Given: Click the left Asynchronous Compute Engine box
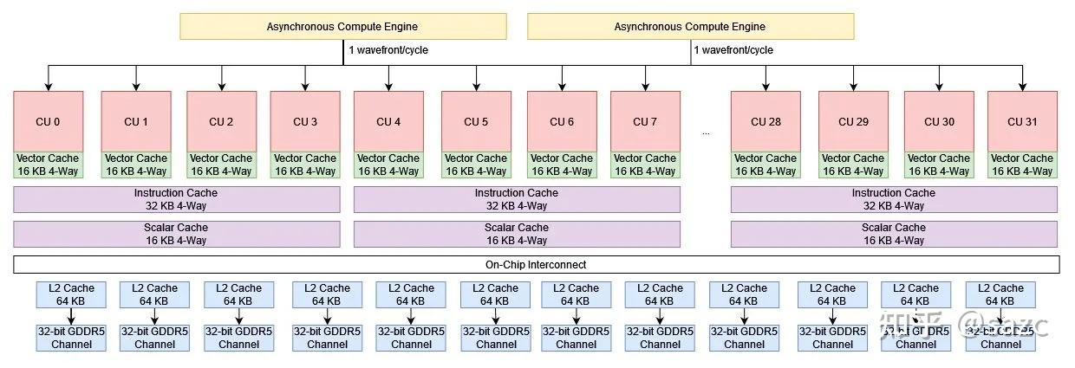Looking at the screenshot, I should point(342,27).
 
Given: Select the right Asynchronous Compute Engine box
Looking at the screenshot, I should point(690,27).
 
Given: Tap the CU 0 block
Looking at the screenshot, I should point(49,121).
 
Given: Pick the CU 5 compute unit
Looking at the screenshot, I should point(476,121).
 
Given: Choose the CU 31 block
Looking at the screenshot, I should point(1022,121).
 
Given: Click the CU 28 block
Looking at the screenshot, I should point(766,121).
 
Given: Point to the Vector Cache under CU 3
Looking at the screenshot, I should point(305,165).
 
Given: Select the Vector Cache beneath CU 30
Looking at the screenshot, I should point(938,165).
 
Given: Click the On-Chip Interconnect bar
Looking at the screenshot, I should point(536,264).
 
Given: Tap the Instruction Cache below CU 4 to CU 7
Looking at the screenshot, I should point(517,199).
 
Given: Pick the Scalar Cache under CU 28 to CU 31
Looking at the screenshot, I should point(894,234).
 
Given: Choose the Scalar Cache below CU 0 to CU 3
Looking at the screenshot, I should point(177,234).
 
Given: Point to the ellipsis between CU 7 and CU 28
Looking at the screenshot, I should point(706,132).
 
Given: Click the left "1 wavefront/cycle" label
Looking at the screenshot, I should point(388,50).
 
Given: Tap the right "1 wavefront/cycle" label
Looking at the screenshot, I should point(733,50).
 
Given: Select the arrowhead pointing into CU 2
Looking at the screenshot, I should point(221,87).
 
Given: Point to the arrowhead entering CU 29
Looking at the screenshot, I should point(853,87).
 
